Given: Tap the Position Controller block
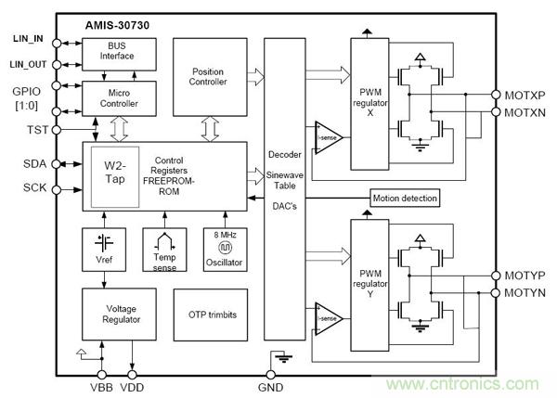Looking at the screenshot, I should (208, 77).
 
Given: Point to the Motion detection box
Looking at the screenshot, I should (404, 199).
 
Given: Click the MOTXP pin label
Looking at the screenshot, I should (525, 96).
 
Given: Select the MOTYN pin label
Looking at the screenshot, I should (525, 293).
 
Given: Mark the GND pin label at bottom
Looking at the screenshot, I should (270, 385).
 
